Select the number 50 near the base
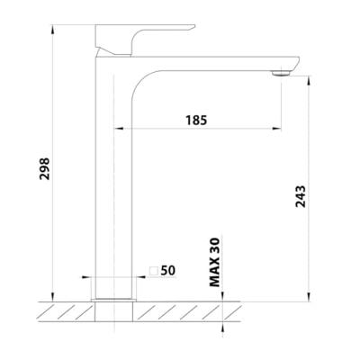click(x=168, y=269)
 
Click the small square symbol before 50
click(x=153, y=269)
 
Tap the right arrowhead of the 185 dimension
click(x=279, y=129)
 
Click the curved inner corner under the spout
click(x=142, y=85)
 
